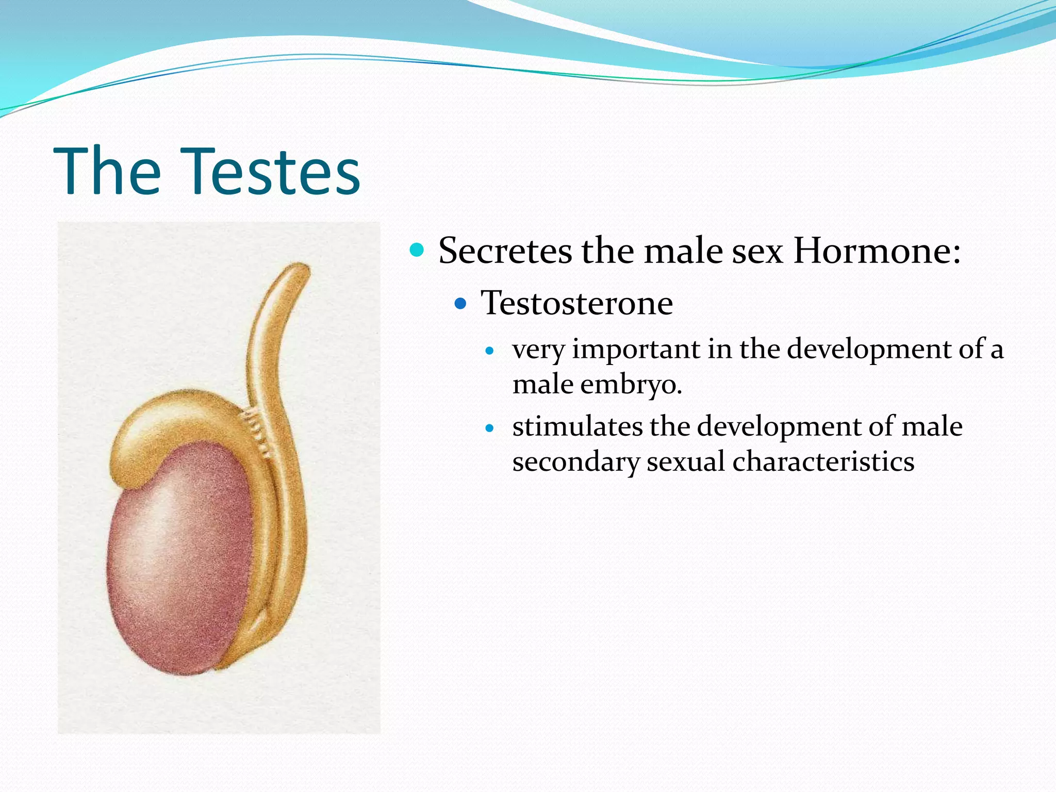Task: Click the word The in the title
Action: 107,171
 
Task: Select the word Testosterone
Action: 576,303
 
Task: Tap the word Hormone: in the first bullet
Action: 877,251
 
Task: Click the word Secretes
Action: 505,251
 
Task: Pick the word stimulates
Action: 577,426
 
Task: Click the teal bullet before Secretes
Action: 416,251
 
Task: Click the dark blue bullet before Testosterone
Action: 460,303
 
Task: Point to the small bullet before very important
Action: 490,352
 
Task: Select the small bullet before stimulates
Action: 490,428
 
